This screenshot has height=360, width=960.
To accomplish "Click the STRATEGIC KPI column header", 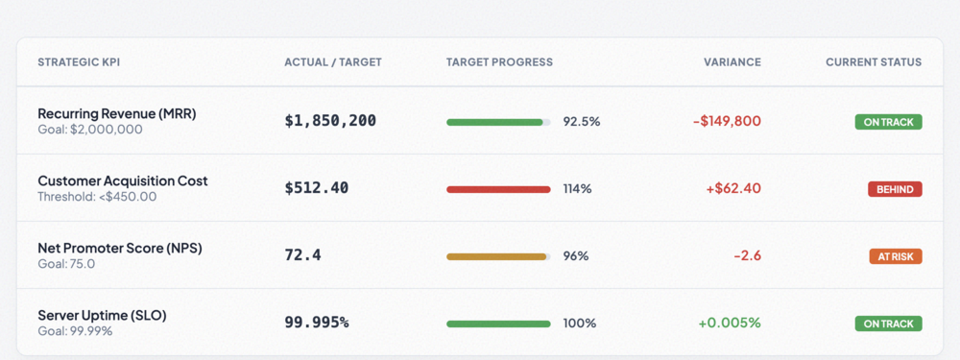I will (x=79, y=62).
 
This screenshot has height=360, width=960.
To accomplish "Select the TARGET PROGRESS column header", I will (x=499, y=62).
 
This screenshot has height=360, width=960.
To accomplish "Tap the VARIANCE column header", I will (x=732, y=62).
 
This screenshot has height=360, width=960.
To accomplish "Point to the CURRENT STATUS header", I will (x=873, y=62).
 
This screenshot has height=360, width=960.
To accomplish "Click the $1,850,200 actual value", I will (x=330, y=121).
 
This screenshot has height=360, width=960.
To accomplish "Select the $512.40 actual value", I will (x=316, y=188).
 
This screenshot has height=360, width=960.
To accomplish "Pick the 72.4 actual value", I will (x=302, y=255).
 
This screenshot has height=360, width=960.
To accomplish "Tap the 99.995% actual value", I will (x=316, y=323).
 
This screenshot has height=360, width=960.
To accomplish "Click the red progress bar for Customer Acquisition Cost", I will (x=498, y=189).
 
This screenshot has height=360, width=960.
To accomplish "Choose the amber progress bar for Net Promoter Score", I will (x=496, y=256).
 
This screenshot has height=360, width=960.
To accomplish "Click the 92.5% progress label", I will (x=581, y=122).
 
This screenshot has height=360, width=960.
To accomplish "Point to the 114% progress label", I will (x=577, y=189).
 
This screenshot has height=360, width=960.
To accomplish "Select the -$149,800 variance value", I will (x=727, y=122).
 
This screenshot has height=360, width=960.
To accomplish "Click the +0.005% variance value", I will (x=729, y=323).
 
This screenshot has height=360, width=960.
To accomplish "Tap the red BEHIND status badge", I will (x=895, y=189).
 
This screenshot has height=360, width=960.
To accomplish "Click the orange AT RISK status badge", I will (x=895, y=256).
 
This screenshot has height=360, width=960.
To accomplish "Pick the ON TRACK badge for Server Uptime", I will (x=888, y=324).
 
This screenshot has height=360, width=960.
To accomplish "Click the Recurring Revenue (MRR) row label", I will (x=116, y=113).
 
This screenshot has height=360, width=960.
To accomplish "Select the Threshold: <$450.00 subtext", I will (x=96, y=197).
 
